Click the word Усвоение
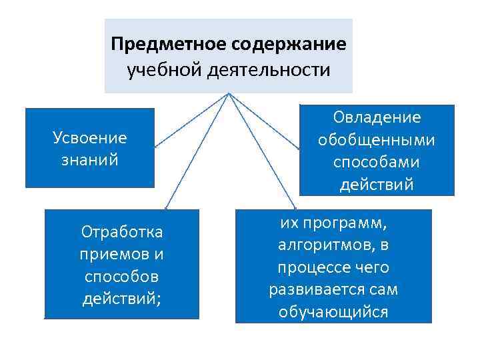click(x=89, y=137)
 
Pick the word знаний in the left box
click(x=89, y=160)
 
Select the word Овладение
click(x=377, y=117)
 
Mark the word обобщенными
click(x=377, y=140)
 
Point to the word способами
click(x=377, y=162)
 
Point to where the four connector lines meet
click(x=229, y=94)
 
